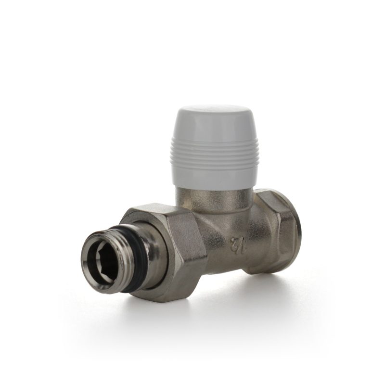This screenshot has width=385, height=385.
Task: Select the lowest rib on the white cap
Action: pyautogui.click(x=214, y=167)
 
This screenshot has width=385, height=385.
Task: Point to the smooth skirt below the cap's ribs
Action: pyautogui.click(x=214, y=179)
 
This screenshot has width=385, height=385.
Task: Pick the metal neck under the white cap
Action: pyautogui.click(x=213, y=200)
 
